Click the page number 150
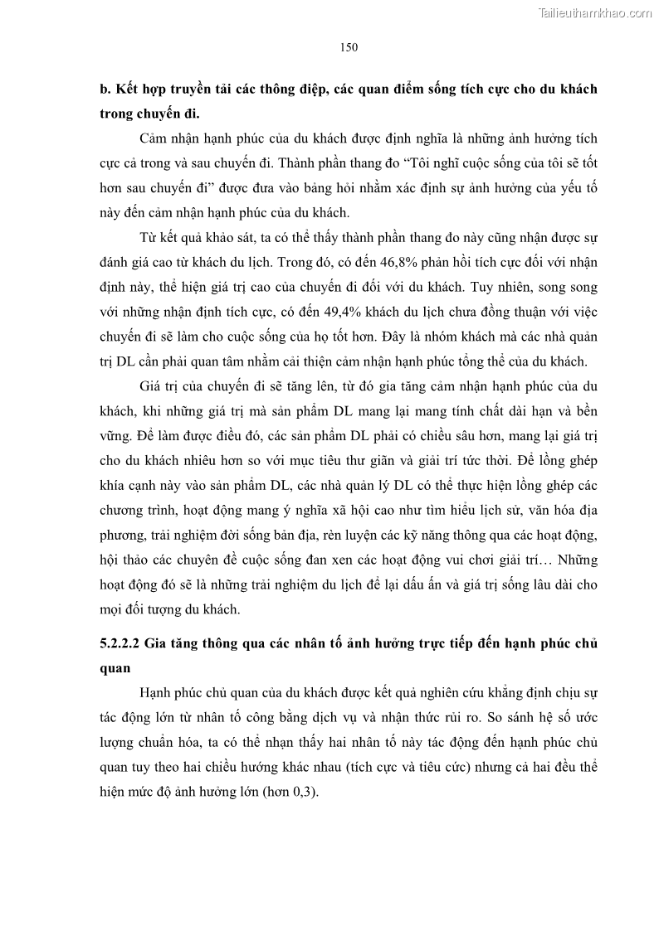(349, 47)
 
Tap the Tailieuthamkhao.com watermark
(596, 12)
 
